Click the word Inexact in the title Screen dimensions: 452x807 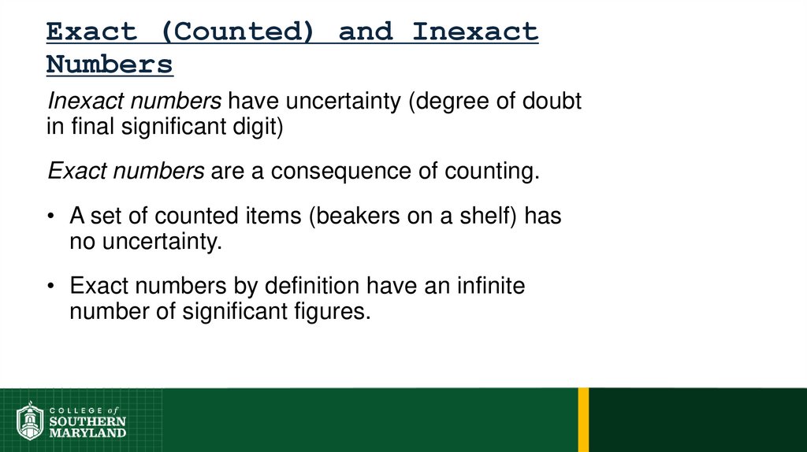point(475,32)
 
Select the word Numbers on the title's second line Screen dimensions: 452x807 point(109,64)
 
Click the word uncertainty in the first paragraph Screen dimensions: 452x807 point(342,101)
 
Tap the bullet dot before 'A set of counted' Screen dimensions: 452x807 point(51,217)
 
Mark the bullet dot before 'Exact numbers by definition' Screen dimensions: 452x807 point(51,286)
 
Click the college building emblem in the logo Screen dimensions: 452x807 point(29,421)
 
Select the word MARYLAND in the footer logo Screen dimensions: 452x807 point(87,432)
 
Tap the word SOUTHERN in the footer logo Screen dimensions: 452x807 point(87,421)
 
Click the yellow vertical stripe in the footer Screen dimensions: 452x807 point(583,420)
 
